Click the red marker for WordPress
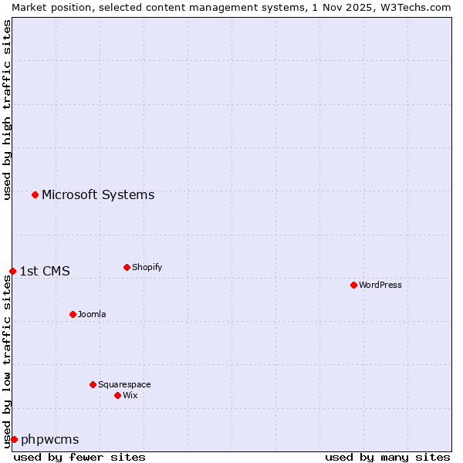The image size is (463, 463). (353, 285)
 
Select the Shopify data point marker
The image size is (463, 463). (127, 267)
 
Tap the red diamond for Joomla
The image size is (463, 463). (73, 314)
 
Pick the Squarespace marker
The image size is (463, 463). (93, 384)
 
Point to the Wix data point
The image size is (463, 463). (117, 395)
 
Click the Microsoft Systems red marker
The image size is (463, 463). (35, 194)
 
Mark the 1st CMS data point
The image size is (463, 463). (12, 271)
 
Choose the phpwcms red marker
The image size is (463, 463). (14, 439)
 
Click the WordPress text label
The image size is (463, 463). (380, 285)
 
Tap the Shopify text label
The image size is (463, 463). (147, 267)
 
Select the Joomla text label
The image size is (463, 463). (92, 314)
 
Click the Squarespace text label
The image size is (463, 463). (124, 384)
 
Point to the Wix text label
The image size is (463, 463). (130, 395)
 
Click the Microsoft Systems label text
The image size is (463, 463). (98, 194)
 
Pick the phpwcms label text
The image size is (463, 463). (50, 439)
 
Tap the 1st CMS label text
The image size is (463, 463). (45, 271)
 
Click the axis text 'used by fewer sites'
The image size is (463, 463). (79, 457)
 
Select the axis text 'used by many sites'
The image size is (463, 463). (387, 457)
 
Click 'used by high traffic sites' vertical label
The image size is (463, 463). (7, 110)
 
